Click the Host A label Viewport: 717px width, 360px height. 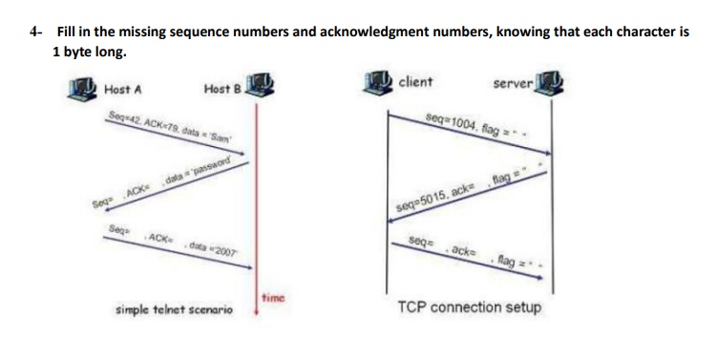(123, 90)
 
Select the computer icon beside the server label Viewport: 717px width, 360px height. (547, 83)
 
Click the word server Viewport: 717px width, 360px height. (512, 84)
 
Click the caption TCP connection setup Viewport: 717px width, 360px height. (469, 308)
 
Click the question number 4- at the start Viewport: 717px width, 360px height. (35, 32)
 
